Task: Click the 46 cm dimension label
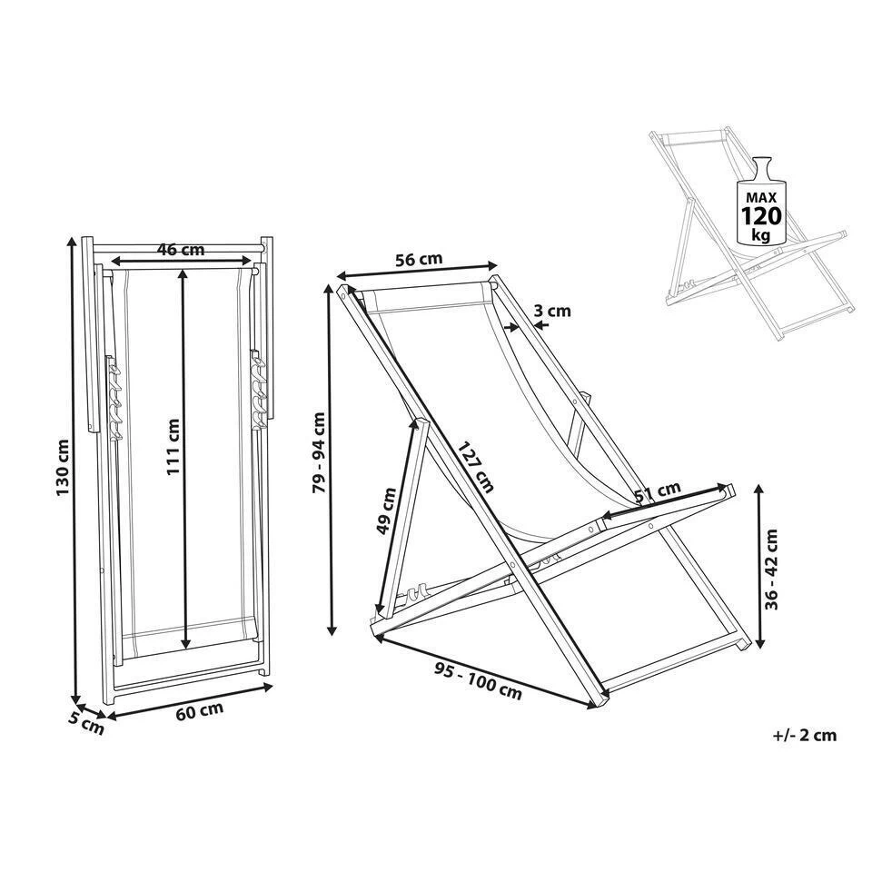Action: click(180, 250)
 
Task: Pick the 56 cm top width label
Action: click(420, 260)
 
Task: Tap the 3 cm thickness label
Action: click(552, 312)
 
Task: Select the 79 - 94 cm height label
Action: click(317, 453)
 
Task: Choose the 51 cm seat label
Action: click(658, 490)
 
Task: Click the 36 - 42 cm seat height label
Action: click(773, 567)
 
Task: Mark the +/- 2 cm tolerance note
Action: click(802, 735)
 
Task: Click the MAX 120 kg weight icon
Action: click(762, 205)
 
